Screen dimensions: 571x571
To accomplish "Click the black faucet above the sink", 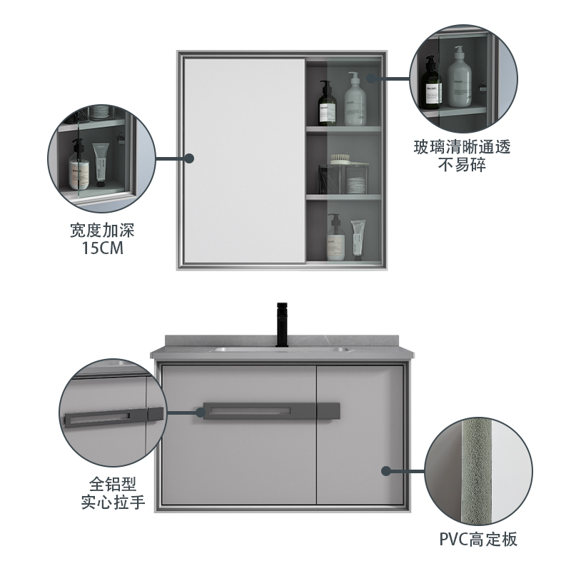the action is tap(280, 327).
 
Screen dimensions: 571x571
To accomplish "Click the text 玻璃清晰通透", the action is tap(463, 148).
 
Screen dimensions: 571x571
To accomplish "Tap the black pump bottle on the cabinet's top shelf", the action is tap(328, 103).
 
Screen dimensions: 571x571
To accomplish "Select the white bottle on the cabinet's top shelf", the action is tap(355, 100).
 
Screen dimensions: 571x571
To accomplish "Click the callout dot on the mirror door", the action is tap(189, 158).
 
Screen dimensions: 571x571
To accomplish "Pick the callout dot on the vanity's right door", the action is tap(386, 471).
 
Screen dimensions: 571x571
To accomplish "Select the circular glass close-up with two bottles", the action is tap(464, 77).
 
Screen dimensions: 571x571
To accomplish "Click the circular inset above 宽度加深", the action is tap(101, 158).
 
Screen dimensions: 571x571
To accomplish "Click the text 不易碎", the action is tap(463, 167).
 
